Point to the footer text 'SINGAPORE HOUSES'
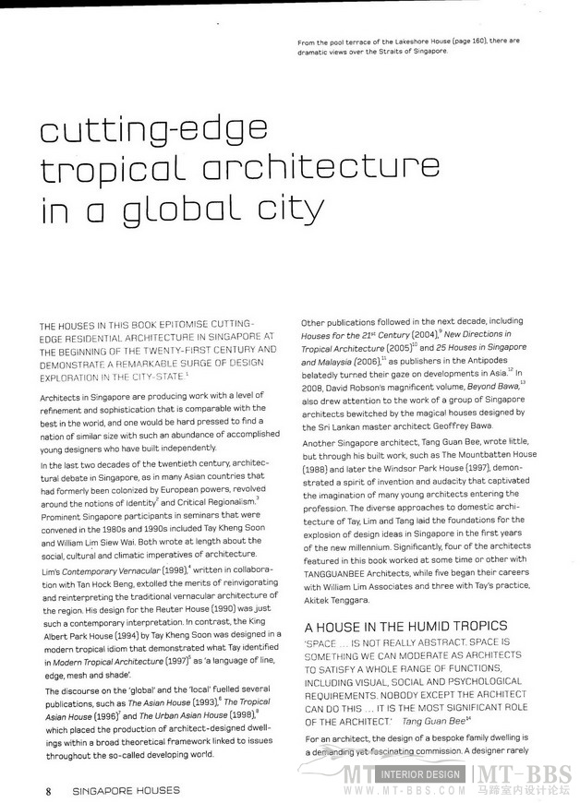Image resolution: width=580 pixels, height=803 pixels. (x=127, y=791)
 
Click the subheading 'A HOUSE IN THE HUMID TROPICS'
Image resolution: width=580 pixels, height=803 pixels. (x=393, y=626)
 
